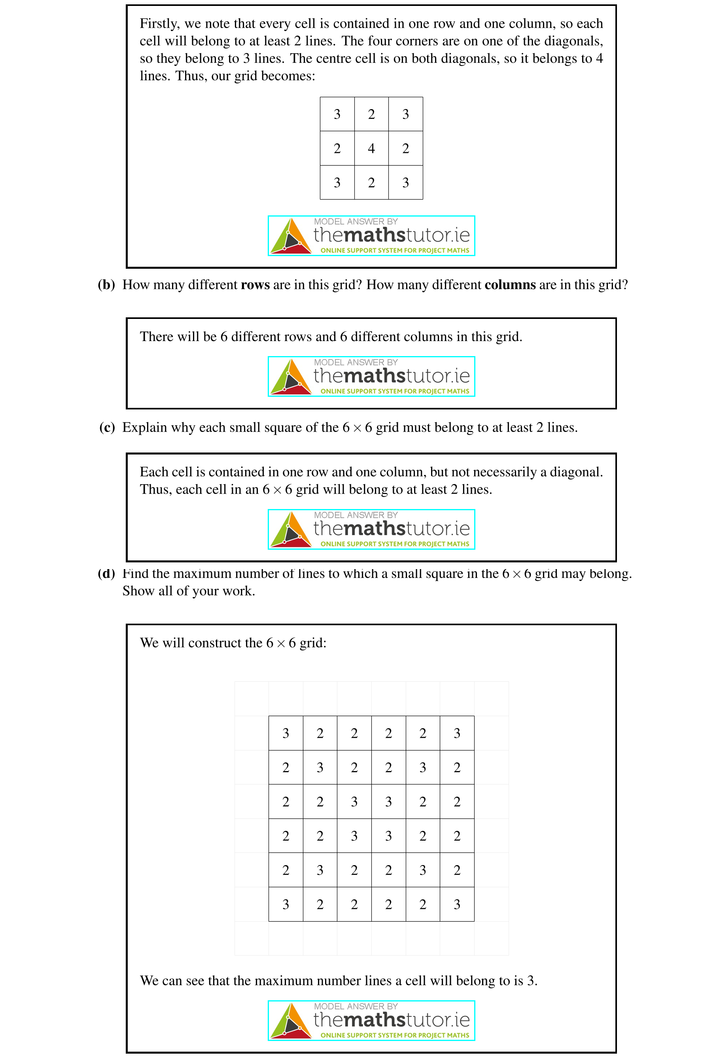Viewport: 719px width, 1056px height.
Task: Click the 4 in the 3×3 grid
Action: tap(371, 148)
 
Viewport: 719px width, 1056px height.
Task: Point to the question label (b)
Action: tap(106, 285)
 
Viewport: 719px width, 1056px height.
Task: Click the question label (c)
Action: tap(107, 428)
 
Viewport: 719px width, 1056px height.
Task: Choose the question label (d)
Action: tap(106, 573)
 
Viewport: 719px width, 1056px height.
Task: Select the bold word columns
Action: tap(510, 285)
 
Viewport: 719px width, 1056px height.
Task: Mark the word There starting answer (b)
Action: tap(155, 337)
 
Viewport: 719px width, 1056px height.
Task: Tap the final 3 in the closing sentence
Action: tap(530, 981)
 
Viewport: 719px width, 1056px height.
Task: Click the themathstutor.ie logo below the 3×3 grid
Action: tap(371, 236)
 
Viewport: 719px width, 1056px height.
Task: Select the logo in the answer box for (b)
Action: tap(371, 377)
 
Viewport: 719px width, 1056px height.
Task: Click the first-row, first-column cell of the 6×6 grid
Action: tap(286, 733)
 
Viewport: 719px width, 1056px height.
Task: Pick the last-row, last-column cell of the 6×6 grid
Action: tap(457, 904)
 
